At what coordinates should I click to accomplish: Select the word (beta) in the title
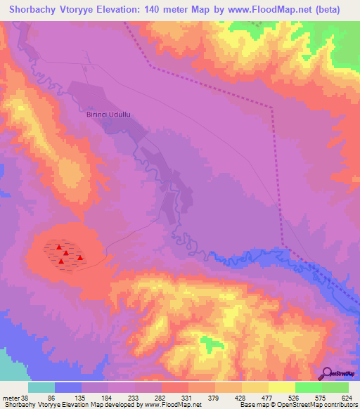point(328,10)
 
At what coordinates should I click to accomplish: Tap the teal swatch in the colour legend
point(41,387)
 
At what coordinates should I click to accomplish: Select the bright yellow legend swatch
point(282,387)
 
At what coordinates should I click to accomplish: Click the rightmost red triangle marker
point(80,257)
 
